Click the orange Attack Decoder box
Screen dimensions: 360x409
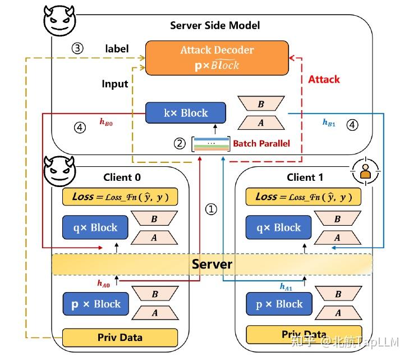pyautogui.click(x=216, y=57)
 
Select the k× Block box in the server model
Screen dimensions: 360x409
pyautogui.click(x=185, y=113)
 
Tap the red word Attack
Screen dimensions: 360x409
pyautogui.click(x=324, y=79)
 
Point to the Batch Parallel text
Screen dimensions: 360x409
pyautogui.click(x=261, y=144)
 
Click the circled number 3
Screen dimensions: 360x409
pyautogui.click(x=77, y=48)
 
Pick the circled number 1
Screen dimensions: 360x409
pyautogui.click(x=211, y=209)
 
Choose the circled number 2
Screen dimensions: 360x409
pyautogui.click(x=180, y=144)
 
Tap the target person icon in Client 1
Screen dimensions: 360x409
pyautogui.click(x=366, y=173)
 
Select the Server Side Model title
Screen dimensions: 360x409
pyautogui.click(x=215, y=25)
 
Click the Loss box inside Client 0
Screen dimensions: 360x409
pyautogui.click(x=120, y=197)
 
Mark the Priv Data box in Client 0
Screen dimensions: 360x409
pyautogui.click(x=120, y=338)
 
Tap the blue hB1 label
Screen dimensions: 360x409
pyautogui.click(x=329, y=123)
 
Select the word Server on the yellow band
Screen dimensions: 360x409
pyautogui.click(x=212, y=264)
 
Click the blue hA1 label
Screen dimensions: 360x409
pyautogui.click(x=286, y=286)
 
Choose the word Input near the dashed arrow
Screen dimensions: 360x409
pyautogui.click(x=114, y=84)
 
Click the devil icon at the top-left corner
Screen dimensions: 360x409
pyautogui.click(x=58, y=20)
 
